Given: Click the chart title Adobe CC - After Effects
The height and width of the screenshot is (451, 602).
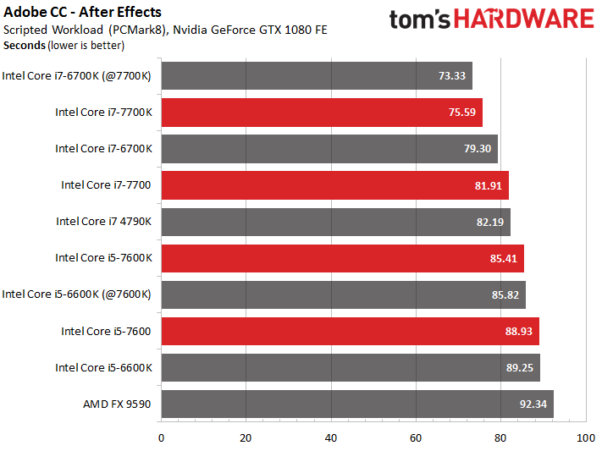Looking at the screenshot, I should pyautogui.click(x=83, y=12).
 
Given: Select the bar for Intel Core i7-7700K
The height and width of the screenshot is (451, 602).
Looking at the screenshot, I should pyautogui.click(x=322, y=113).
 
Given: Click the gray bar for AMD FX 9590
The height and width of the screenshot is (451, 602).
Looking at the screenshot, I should pyautogui.click(x=356, y=404).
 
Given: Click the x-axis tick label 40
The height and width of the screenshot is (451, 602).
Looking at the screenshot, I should pyautogui.click(x=331, y=438).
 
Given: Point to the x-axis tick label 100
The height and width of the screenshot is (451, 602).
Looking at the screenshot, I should pyautogui.click(x=585, y=438).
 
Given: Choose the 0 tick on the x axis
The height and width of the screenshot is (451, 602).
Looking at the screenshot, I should pyautogui.click(x=161, y=438).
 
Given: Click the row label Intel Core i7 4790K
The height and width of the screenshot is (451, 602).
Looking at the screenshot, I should pyautogui.click(x=103, y=222).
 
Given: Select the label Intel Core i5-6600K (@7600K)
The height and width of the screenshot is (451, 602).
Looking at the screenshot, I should pyautogui.click(x=77, y=294).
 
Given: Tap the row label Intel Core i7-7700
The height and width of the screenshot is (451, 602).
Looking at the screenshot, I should pyautogui.click(x=106, y=185).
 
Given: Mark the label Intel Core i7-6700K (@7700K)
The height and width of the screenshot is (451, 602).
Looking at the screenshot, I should pyautogui.click(x=77, y=76).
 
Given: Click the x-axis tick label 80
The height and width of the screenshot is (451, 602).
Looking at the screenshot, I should pyautogui.click(x=500, y=438).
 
